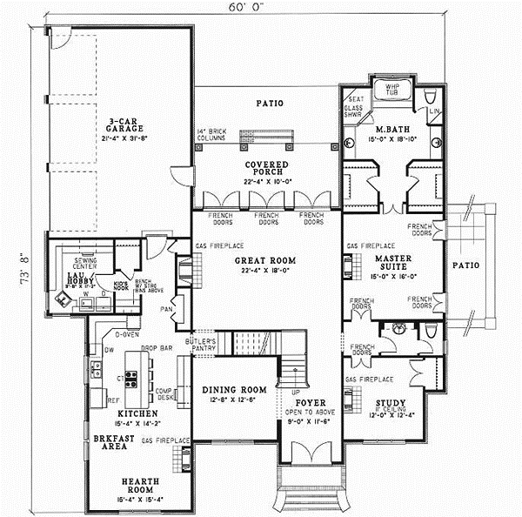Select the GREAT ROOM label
pos(265,260)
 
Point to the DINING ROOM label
pos(228,390)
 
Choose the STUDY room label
pos(385,403)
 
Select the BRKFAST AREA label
pos(110,441)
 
